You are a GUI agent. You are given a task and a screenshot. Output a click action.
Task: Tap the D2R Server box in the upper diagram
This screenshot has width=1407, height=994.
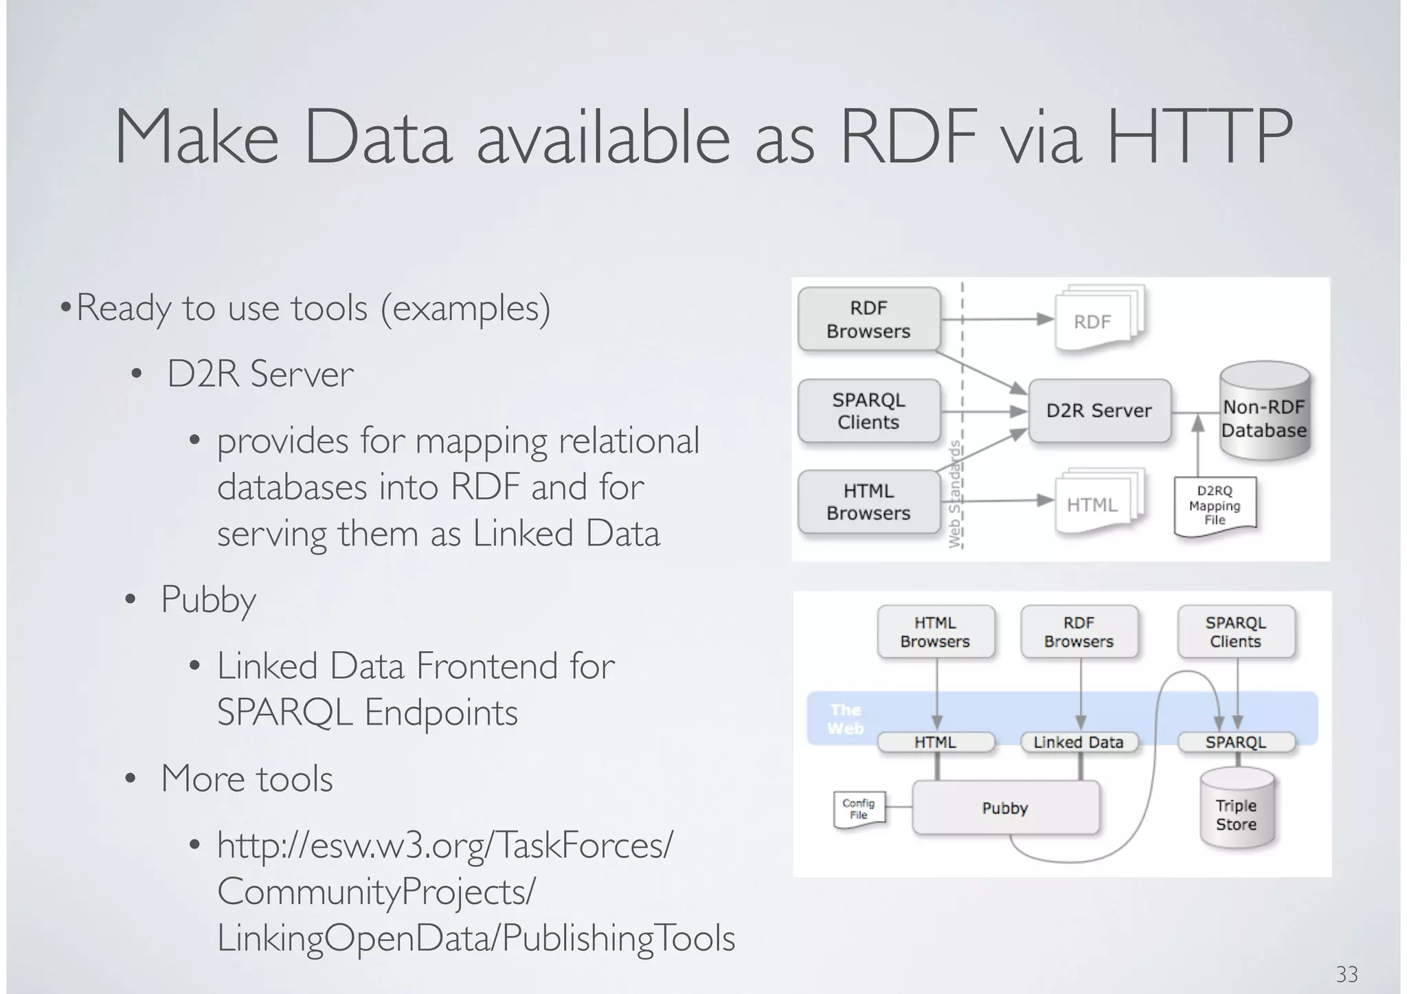point(1099,411)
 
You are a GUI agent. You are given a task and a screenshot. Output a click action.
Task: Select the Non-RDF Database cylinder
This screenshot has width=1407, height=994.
point(1264,412)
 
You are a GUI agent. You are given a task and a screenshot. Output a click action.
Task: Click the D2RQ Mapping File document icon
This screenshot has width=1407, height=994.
point(1215,506)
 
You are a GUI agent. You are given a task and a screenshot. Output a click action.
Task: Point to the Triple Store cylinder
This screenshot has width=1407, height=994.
point(1236,811)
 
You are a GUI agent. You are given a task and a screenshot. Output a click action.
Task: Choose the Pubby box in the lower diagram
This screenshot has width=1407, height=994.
point(1004,808)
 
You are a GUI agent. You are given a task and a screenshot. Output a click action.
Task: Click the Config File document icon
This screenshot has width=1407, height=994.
point(858,809)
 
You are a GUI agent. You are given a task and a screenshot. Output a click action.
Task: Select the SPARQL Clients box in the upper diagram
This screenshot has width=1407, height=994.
point(868,411)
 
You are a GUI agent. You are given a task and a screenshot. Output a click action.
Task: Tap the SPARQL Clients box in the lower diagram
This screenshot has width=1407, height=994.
point(1235,632)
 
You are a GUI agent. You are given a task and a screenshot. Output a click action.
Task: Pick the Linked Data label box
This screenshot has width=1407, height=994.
point(1078,743)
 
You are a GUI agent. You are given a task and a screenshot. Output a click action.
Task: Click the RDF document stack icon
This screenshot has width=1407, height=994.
point(1096,319)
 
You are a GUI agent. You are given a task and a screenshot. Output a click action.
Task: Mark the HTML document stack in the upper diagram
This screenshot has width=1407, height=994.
point(1096,503)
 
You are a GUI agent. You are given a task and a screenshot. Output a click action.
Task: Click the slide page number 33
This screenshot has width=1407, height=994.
point(1346,973)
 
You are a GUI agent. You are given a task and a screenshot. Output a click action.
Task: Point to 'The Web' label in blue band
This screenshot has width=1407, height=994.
point(845,719)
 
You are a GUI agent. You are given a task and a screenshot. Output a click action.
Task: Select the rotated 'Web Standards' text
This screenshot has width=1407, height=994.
point(954,495)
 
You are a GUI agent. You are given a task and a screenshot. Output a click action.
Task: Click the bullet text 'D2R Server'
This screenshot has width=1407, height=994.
point(260,374)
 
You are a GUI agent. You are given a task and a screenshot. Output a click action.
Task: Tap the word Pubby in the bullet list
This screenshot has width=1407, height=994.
point(208,600)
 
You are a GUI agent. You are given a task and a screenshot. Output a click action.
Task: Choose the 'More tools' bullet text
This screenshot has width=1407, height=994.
point(247,779)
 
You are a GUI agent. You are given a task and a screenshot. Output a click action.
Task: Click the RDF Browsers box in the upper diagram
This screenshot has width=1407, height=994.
point(868,319)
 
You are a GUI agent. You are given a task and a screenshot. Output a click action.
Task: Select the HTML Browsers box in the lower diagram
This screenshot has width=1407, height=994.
point(935,632)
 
